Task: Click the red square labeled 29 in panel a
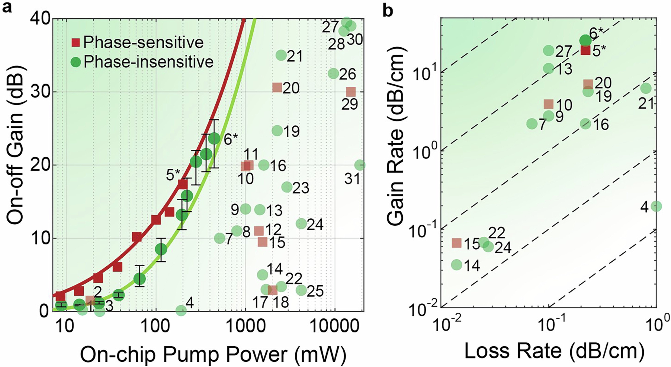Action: tap(351, 92)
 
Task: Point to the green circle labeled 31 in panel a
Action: tap(360, 165)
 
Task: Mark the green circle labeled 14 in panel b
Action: tap(456, 265)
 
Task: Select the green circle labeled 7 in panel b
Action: tap(532, 124)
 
